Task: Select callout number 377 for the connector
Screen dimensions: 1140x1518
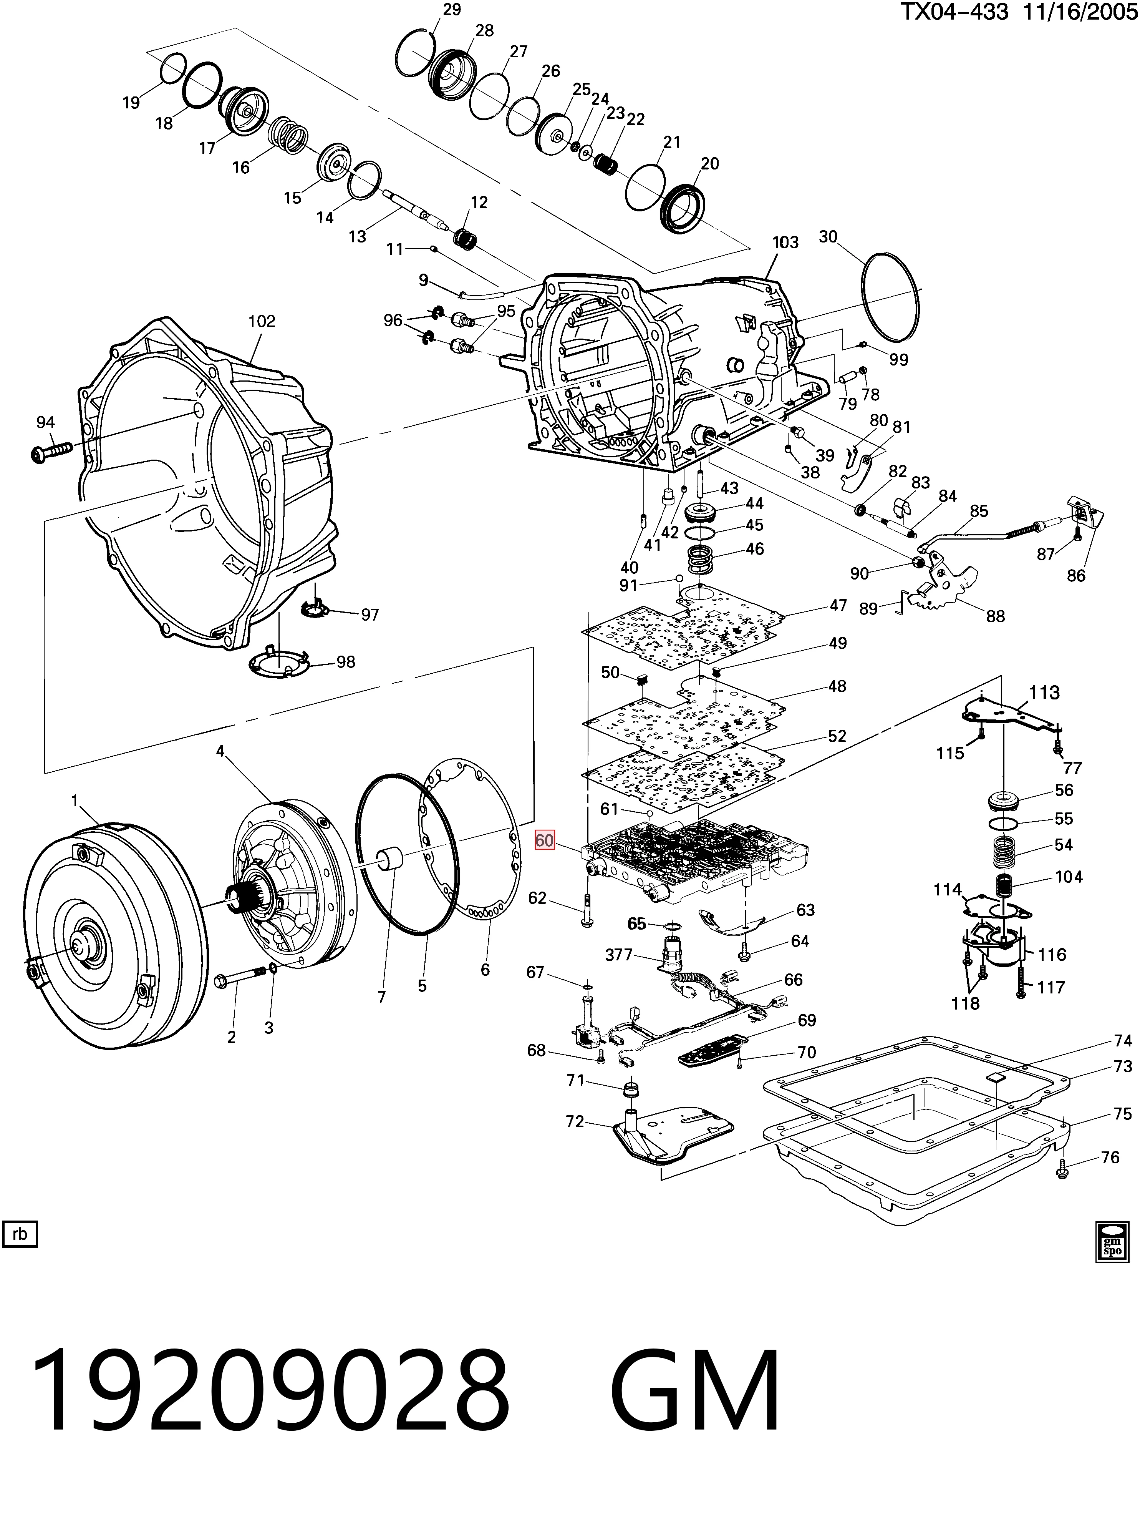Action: [x=619, y=955]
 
